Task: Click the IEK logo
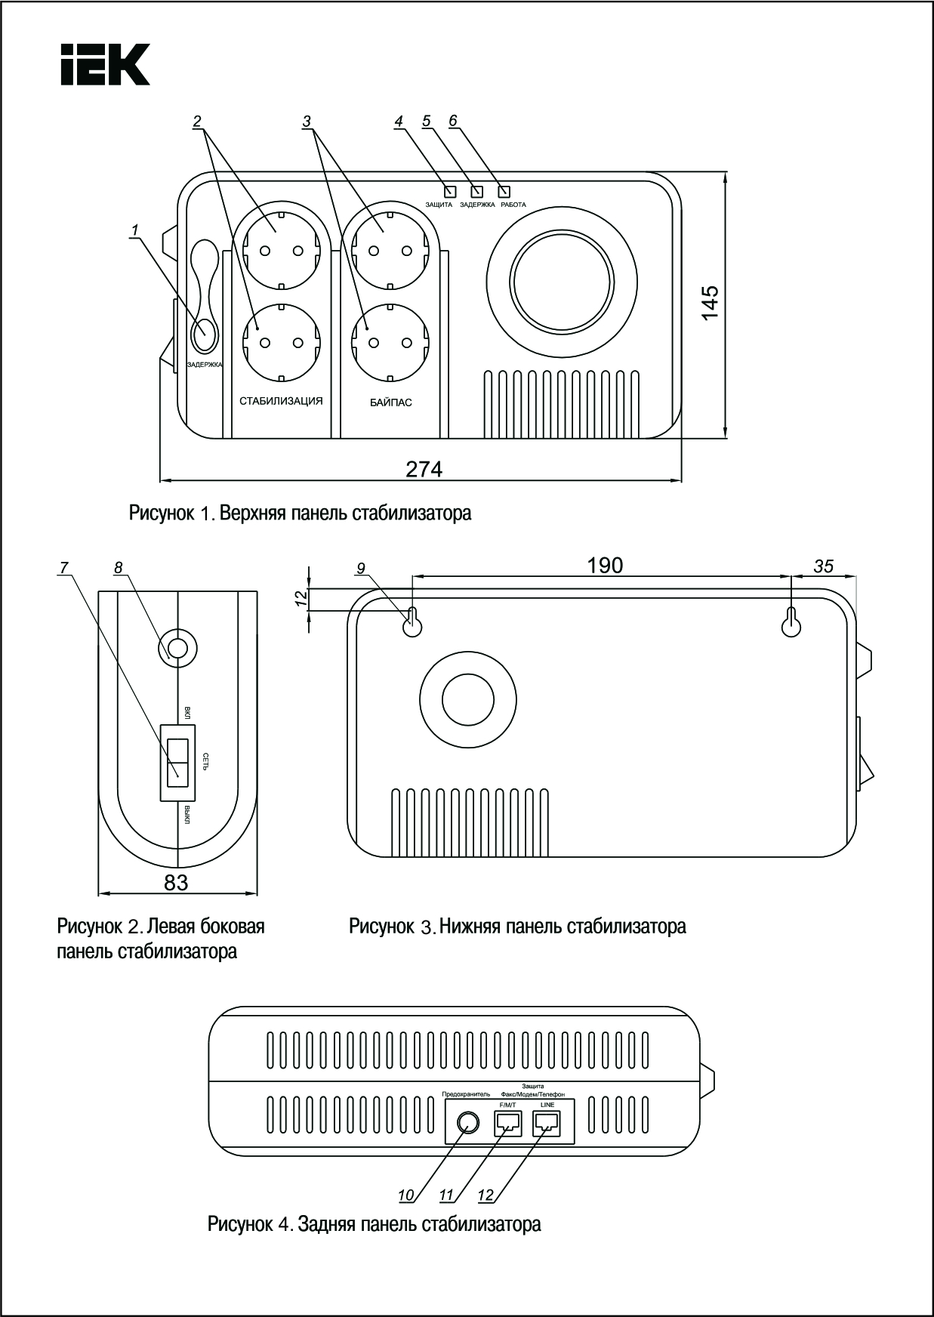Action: click(x=105, y=64)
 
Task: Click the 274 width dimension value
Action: click(x=424, y=469)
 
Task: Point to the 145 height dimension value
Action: click(x=711, y=303)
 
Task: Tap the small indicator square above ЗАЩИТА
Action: click(x=450, y=191)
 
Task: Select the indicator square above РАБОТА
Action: click(x=504, y=191)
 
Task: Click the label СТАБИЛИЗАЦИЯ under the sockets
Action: click(x=281, y=401)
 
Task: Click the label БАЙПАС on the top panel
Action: click(x=391, y=403)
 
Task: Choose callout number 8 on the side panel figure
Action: click(x=119, y=568)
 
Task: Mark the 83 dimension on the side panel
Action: click(x=176, y=882)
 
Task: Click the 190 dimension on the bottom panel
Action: click(x=605, y=566)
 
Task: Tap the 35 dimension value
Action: click(x=823, y=566)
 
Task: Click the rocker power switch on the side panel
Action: click(x=177, y=762)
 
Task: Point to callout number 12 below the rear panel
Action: click(x=485, y=1195)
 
